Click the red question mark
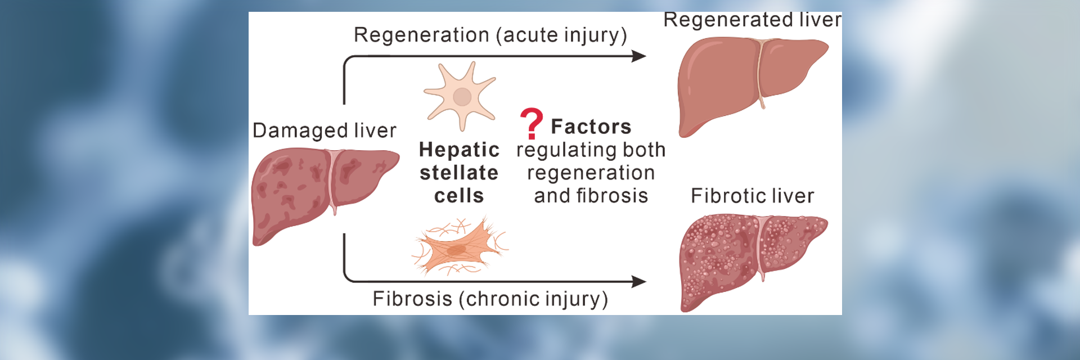coord(531,123)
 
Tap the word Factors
coord(591,127)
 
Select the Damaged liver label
coord(324,130)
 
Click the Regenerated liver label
coord(752,20)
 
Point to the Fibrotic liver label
coord(752,196)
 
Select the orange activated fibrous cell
coord(458,248)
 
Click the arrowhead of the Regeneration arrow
coord(639,56)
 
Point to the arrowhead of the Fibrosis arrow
coord(639,281)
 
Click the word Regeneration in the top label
coord(421,35)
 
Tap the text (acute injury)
coord(561,35)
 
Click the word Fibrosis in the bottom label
coord(412,299)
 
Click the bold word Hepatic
coord(459,150)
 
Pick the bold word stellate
coord(459,173)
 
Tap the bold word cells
coord(459,196)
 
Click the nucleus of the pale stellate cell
coord(462,97)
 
